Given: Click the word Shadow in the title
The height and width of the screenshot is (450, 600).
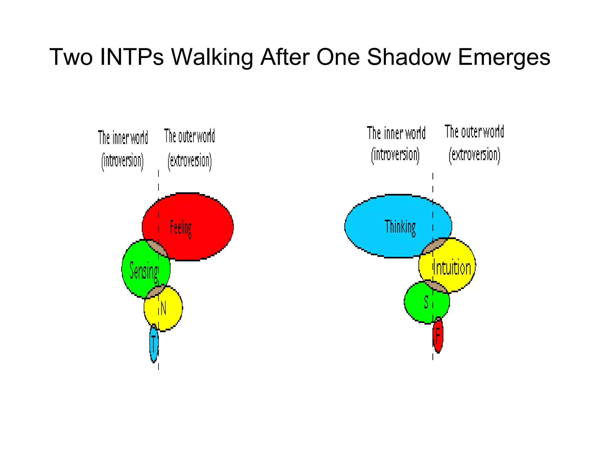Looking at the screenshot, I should pyautogui.click(x=408, y=57).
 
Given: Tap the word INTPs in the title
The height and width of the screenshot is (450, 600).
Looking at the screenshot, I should pyautogui.click(x=132, y=57).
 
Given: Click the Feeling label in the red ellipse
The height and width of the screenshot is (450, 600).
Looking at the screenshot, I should pyautogui.click(x=181, y=228).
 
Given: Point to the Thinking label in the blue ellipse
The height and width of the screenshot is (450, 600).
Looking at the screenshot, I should pyautogui.click(x=400, y=227).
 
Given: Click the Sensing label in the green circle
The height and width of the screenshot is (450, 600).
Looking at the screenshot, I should pyautogui.click(x=144, y=270).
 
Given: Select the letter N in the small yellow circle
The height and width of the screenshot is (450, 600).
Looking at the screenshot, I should pyautogui.click(x=163, y=308).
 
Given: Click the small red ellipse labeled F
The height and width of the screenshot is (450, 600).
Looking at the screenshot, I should pyautogui.click(x=438, y=336).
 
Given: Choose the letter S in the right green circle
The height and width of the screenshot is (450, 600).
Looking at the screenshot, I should pyautogui.click(x=426, y=302).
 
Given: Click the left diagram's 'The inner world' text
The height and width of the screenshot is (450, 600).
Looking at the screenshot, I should pyautogui.click(x=123, y=138).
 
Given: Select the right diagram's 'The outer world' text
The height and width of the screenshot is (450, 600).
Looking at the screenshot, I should pyautogui.click(x=474, y=132).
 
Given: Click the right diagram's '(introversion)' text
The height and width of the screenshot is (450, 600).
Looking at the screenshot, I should pyautogui.click(x=395, y=155).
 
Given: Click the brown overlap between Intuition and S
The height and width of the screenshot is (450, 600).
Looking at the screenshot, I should pyautogui.click(x=436, y=286).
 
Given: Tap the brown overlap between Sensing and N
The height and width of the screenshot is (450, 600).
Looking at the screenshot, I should pyautogui.click(x=155, y=292).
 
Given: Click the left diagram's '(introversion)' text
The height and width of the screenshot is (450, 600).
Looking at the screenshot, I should pyautogui.click(x=122, y=161).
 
